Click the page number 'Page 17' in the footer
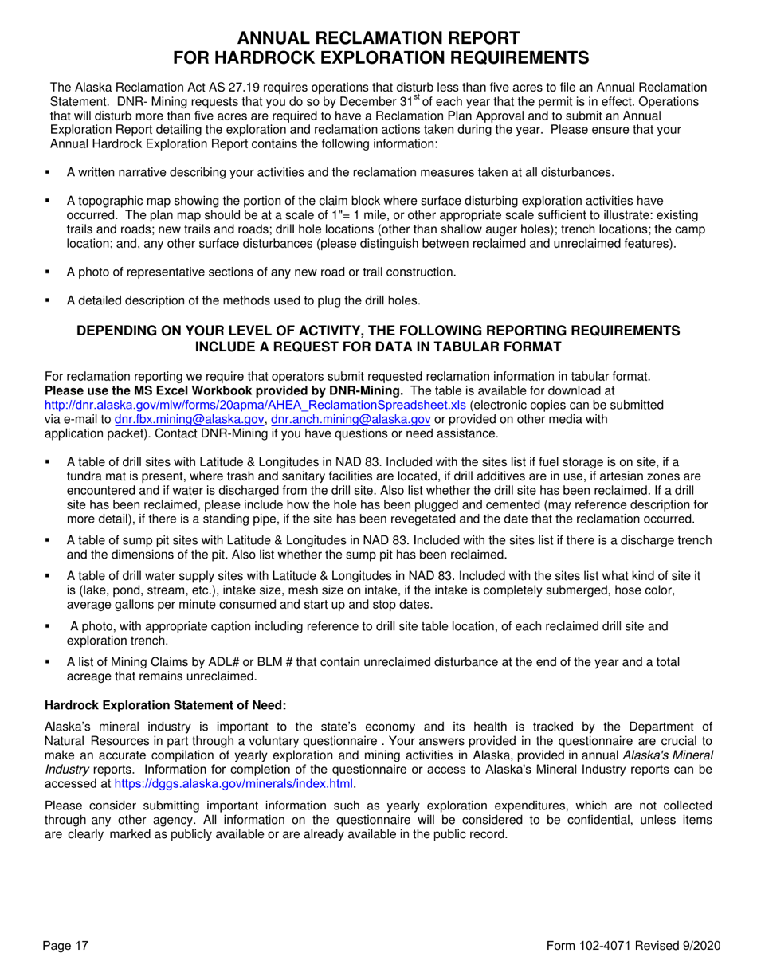pos(66,945)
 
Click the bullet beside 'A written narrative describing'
pos(49,172)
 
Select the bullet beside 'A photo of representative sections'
pos(49,272)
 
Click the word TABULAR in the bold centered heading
pos(446,347)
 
